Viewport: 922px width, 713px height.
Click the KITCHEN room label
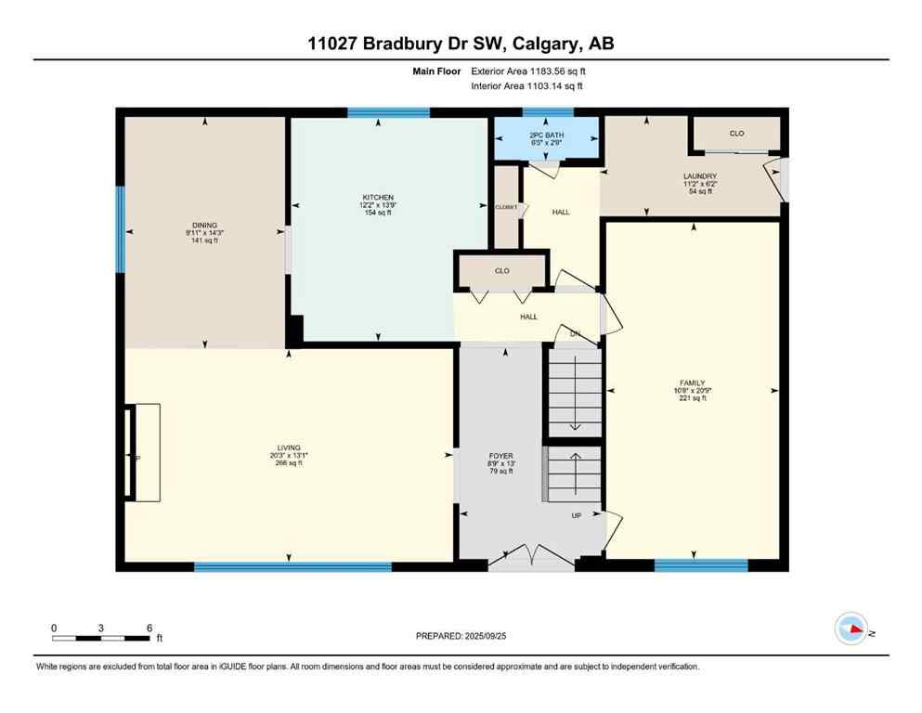coord(378,198)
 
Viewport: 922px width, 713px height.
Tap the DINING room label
coord(204,226)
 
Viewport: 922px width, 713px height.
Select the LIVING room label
coord(289,447)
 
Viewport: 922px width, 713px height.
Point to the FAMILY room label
coord(693,382)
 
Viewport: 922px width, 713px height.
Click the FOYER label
coord(501,456)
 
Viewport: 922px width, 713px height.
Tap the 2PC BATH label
coord(546,135)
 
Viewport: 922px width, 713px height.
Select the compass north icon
coord(851,629)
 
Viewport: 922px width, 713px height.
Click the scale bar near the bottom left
coord(101,638)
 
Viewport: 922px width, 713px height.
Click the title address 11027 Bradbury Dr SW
coord(461,44)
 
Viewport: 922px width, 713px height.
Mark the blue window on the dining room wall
coord(120,229)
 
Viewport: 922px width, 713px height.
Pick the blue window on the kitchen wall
coord(388,113)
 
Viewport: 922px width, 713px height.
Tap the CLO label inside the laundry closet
coord(736,134)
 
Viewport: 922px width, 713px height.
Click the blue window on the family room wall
coord(701,564)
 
